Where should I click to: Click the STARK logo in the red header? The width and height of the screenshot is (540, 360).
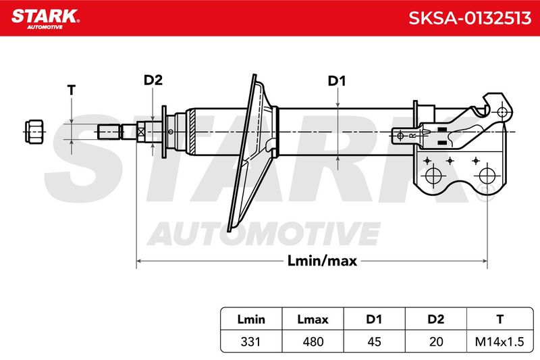pyautogui.click(x=45, y=19)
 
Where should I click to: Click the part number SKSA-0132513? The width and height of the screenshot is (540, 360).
pyautogui.click(x=470, y=18)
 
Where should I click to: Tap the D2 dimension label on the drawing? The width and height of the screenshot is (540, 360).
pyautogui.click(x=153, y=80)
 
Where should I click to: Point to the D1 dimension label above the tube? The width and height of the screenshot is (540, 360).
pyautogui.click(x=336, y=81)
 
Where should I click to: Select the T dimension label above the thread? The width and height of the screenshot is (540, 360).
pyautogui.click(x=72, y=91)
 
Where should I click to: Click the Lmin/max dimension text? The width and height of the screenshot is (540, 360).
pyautogui.click(x=322, y=261)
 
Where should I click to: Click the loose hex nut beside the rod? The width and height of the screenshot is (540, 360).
pyautogui.click(x=34, y=132)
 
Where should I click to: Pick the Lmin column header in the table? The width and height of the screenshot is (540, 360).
pyautogui.click(x=251, y=319)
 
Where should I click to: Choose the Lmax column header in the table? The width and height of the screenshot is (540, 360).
pyautogui.click(x=313, y=319)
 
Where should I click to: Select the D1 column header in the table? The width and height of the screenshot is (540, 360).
pyautogui.click(x=374, y=319)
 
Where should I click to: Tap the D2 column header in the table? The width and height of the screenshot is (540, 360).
pyautogui.click(x=435, y=319)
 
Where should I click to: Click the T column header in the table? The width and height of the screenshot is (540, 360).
pyautogui.click(x=500, y=319)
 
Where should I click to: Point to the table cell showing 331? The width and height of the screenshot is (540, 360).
pyautogui.click(x=251, y=342)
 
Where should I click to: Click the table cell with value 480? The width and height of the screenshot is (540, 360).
pyautogui.click(x=313, y=342)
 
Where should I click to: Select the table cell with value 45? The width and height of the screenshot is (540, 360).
pyautogui.click(x=374, y=342)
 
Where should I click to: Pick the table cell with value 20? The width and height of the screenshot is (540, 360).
pyautogui.click(x=435, y=342)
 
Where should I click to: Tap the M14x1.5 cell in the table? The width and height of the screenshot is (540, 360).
pyautogui.click(x=500, y=342)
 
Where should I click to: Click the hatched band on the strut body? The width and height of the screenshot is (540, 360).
pyautogui.click(x=192, y=132)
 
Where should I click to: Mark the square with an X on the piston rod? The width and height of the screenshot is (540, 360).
pyautogui.click(x=140, y=132)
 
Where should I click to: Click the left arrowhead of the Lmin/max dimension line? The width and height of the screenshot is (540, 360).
pyautogui.click(x=139, y=261)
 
